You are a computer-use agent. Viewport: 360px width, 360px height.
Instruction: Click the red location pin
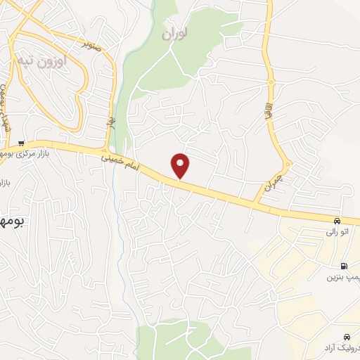pos(181,165)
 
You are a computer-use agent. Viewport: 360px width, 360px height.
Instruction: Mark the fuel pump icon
pos(343,266)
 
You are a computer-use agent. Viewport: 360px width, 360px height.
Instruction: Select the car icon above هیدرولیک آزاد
pos(348,337)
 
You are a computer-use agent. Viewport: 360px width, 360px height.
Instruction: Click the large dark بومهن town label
pos(11,221)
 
